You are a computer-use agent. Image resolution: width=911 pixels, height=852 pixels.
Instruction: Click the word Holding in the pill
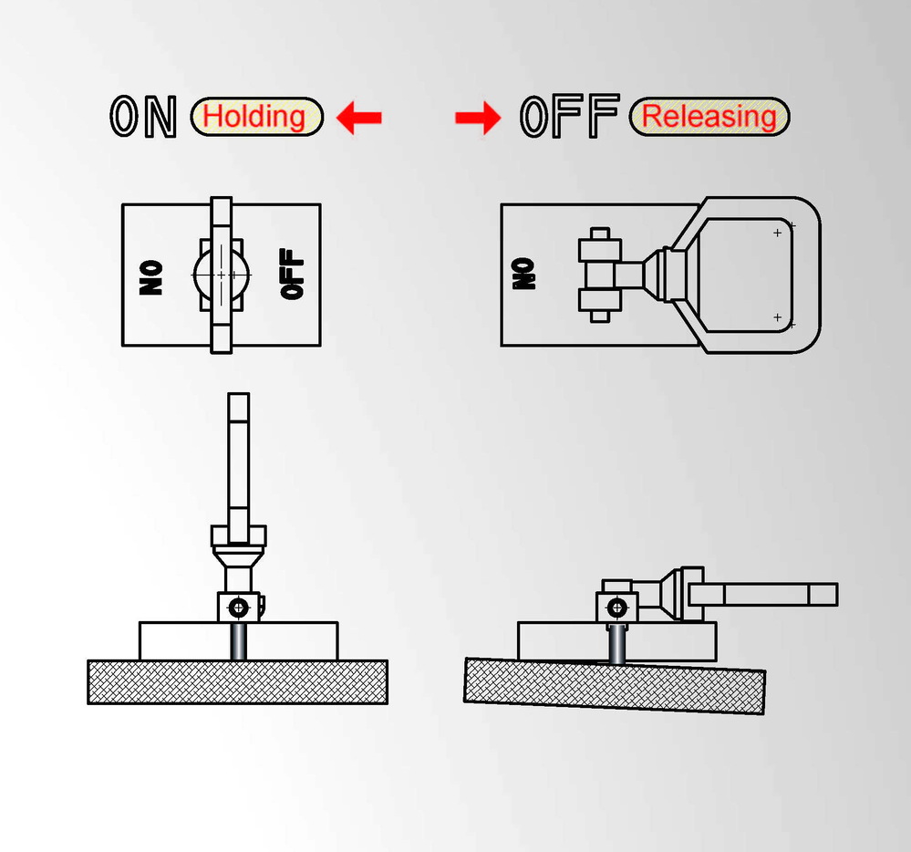coord(254,117)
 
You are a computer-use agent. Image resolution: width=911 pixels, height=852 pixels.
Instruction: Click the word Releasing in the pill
coord(709,117)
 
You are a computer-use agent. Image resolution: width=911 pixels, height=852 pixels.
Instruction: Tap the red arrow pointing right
coord(478,118)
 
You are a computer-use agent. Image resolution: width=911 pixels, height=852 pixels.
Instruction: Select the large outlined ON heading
coord(143,117)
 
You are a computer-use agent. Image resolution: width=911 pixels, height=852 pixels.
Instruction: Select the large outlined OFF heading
coord(569,117)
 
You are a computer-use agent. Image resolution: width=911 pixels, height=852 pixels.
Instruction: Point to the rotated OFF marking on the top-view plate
coord(292,275)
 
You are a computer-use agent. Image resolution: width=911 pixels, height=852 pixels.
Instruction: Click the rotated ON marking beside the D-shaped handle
coord(524,274)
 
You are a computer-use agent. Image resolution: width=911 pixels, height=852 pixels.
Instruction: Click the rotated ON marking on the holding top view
coord(152,275)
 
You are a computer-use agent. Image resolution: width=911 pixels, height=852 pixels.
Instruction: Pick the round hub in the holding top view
coord(221,274)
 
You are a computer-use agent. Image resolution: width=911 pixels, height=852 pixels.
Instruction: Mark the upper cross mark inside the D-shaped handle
coord(777,234)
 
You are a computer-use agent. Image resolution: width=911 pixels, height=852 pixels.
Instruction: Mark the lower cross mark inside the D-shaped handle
coord(777,317)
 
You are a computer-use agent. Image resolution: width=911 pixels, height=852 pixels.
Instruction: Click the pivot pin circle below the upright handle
coord(239,606)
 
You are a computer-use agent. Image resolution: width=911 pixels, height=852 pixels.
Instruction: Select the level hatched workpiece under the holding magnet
coord(237,681)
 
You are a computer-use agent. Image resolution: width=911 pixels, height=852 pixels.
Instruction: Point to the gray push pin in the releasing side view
coord(617,643)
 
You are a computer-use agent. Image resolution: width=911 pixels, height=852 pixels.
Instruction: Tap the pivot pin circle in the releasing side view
coord(617,606)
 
